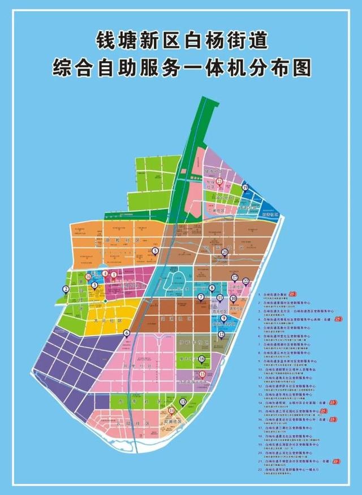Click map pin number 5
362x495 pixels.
pos(154,251)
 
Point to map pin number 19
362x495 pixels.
pos(245,188)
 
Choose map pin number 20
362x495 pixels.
pos(225,253)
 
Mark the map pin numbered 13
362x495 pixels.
pos(183,402)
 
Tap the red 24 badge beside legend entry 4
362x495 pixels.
pos(338,319)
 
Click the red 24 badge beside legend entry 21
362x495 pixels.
pos(337,461)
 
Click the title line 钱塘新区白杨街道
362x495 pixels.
pos(181,41)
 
